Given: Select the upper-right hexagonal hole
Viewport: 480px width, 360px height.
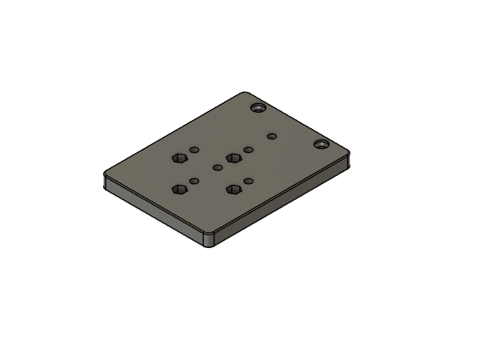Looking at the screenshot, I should (233, 158).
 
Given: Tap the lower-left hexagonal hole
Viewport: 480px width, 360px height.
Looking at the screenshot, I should (180, 190).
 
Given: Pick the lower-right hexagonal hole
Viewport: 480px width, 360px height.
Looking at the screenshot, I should (234, 189).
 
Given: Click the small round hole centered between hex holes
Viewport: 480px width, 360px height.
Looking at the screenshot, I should (218, 168).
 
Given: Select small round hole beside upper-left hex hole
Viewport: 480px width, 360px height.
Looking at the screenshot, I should (194, 150).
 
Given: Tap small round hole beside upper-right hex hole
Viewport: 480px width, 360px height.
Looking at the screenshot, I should (249, 150).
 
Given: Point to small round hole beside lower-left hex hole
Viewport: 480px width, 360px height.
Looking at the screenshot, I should (193, 181).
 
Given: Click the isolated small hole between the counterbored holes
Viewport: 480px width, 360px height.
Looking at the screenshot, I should (272, 137).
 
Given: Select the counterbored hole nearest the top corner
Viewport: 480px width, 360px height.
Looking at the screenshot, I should (258, 106).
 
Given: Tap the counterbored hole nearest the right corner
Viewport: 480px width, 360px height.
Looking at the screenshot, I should (321, 144).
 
